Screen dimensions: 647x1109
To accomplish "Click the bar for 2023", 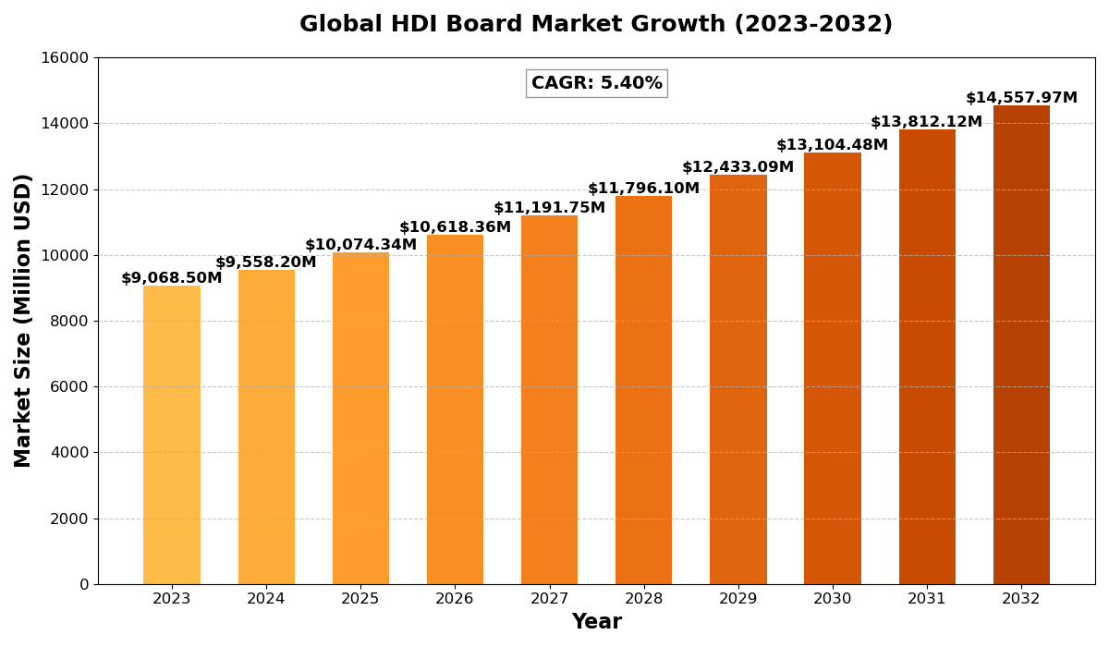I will click(172, 434).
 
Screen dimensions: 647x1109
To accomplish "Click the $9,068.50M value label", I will click(172, 278).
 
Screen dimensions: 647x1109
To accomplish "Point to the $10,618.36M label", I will click(455, 227).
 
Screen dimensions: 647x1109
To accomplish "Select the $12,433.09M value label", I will click(737, 167).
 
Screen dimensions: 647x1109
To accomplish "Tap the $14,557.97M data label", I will click(1021, 98).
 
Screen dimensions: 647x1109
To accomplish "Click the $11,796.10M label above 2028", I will click(643, 189).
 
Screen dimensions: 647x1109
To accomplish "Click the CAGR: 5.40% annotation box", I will click(596, 83).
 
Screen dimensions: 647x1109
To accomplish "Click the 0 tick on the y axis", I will click(84, 584).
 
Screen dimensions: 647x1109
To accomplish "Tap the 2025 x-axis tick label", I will click(360, 599).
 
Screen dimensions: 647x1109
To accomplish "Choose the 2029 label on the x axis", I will click(737, 599).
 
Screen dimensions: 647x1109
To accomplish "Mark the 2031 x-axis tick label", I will click(927, 599).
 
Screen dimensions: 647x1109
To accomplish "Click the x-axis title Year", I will click(596, 622).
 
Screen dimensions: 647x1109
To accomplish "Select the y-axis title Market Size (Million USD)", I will click(23, 321).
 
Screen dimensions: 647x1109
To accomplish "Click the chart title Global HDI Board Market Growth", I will click(596, 25).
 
